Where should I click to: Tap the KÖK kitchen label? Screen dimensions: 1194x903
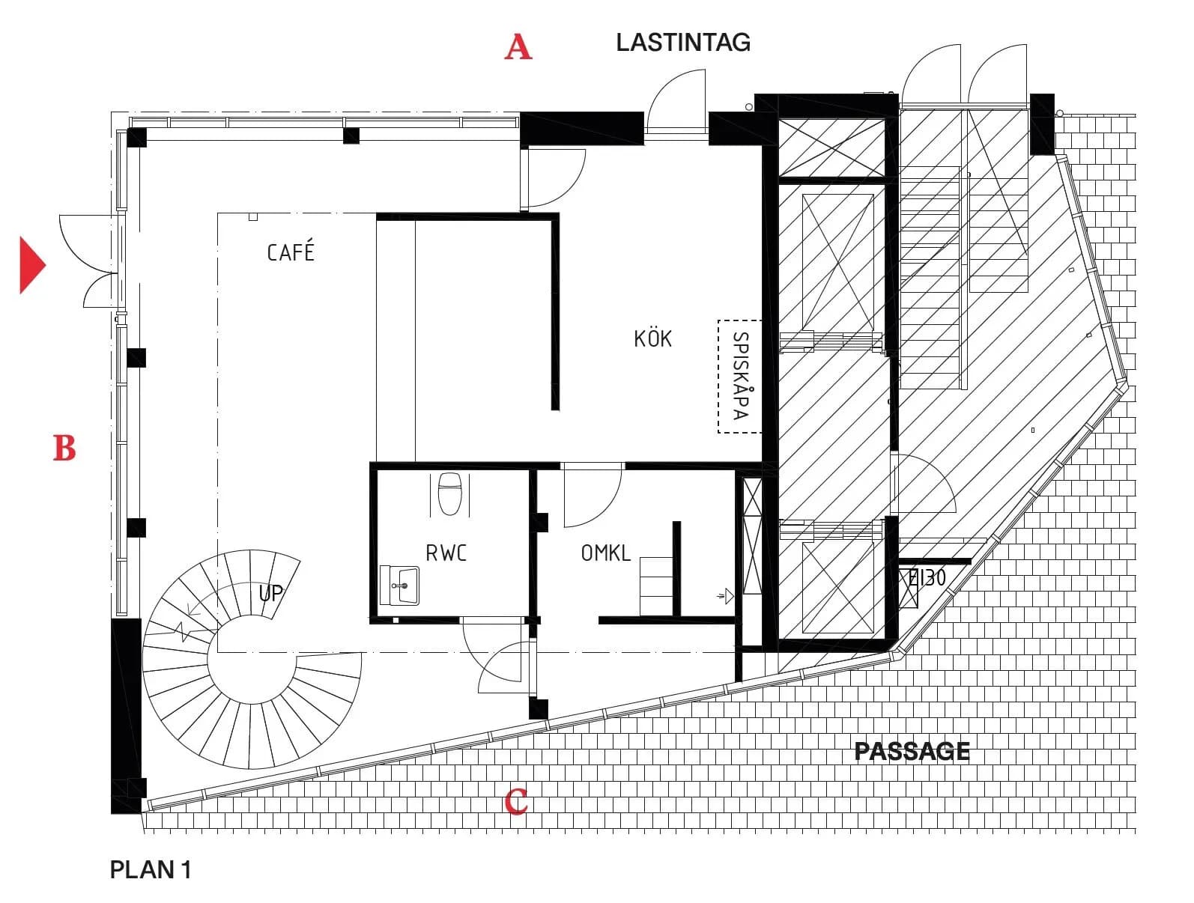pyautogui.click(x=652, y=338)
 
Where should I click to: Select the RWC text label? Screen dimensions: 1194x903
pyautogui.click(x=446, y=553)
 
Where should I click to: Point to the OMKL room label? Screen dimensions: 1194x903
pyautogui.click(x=605, y=553)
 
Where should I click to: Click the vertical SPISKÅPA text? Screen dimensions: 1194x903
pyautogui.click(x=740, y=376)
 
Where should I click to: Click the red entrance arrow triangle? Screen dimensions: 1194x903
pyautogui.click(x=33, y=265)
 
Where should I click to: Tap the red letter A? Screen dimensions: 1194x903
pyautogui.click(x=518, y=46)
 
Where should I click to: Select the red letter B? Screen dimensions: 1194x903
pyautogui.click(x=64, y=448)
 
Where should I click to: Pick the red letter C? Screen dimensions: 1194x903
pyautogui.click(x=515, y=801)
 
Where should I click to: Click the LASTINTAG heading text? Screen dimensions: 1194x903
pyautogui.click(x=682, y=43)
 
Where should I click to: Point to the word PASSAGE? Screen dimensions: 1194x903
pyautogui.click(x=912, y=751)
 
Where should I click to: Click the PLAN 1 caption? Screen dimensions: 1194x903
pyautogui.click(x=150, y=870)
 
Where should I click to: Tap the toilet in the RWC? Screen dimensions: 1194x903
pyautogui.click(x=449, y=493)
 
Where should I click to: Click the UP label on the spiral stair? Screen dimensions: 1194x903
pyautogui.click(x=270, y=592)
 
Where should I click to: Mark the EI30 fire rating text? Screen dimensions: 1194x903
pyautogui.click(x=927, y=578)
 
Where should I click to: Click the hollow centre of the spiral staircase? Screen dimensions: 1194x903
pyautogui.click(x=252, y=660)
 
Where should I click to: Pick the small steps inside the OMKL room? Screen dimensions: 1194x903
pyautogui.click(x=656, y=586)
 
